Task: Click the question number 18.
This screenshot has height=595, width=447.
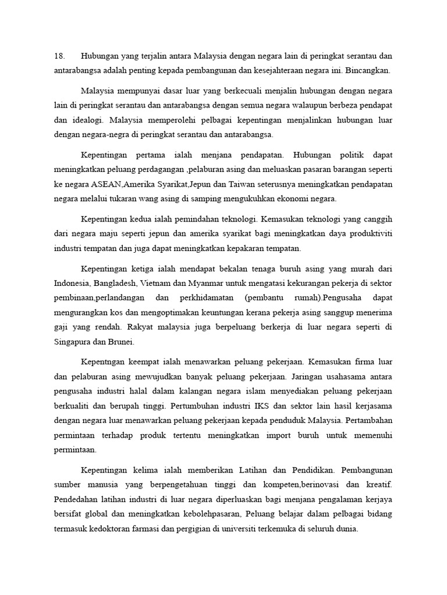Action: pyautogui.click(x=59, y=56)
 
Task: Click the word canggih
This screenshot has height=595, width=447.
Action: pyautogui.click(x=377, y=220)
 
